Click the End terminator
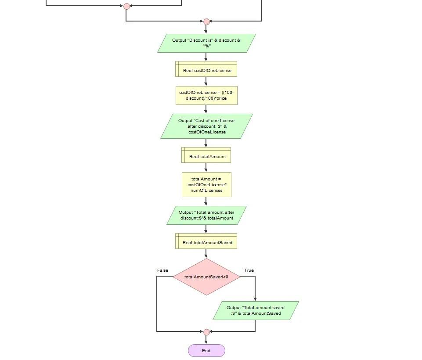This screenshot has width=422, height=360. [x=206, y=350]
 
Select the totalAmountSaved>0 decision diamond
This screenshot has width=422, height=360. [x=206, y=277]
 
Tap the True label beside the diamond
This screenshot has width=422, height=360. [x=249, y=270]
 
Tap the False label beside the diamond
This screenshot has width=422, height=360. [x=162, y=270]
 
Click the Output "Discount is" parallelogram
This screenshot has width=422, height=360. [x=206, y=43]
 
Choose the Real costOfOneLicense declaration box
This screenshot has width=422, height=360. [x=206, y=70]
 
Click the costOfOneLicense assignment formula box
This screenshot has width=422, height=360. [x=206, y=95]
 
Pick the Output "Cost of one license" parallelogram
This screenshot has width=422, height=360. [x=206, y=126]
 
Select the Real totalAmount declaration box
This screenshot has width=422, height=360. [x=206, y=156]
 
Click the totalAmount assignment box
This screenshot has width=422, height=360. [x=206, y=184]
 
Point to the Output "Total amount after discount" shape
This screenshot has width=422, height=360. [x=206, y=215]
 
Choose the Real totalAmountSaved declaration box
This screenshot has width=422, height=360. [x=206, y=242]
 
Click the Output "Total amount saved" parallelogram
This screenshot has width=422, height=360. [x=256, y=310]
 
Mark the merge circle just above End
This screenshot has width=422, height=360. [x=206, y=332]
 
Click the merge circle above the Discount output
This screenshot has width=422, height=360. [x=206, y=22]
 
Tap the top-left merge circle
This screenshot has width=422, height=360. [x=126, y=6]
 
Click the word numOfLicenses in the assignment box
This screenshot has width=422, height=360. [x=206, y=191]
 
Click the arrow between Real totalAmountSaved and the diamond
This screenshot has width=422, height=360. [x=206, y=253]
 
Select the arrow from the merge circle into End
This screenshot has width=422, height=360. [x=206, y=340]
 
